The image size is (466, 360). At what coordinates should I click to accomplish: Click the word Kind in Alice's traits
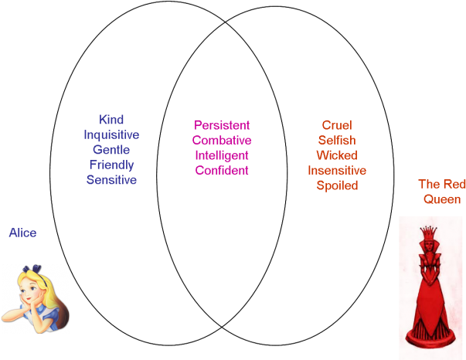tap(111, 120)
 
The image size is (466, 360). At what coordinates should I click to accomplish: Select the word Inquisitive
tap(111, 134)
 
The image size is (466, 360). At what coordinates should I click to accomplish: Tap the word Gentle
tap(111, 150)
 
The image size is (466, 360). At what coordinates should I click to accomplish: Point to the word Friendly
tap(111, 165)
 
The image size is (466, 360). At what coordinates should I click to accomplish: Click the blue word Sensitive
tap(111, 180)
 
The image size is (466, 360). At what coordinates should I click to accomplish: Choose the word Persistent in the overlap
tap(222, 125)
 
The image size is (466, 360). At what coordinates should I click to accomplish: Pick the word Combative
tap(222, 140)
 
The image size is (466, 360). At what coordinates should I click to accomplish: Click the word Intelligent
tap(222, 155)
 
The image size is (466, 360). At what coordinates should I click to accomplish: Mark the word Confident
tap(222, 170)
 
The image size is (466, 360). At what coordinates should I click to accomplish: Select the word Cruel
tap(337, 125)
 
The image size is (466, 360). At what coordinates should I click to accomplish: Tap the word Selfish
tap(337, 140)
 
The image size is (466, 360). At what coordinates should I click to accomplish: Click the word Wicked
tap(337, 155)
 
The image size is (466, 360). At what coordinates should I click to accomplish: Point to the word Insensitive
tap(337, 171)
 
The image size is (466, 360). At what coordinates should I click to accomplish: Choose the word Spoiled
tap(337, 185)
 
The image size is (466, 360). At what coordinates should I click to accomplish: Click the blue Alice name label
tap(22, 233)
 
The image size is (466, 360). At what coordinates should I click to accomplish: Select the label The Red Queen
tap(442, 192)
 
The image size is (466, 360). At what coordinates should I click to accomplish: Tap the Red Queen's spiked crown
tap(429, 233)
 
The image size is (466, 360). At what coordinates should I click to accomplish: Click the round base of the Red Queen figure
tap(430, 338)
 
